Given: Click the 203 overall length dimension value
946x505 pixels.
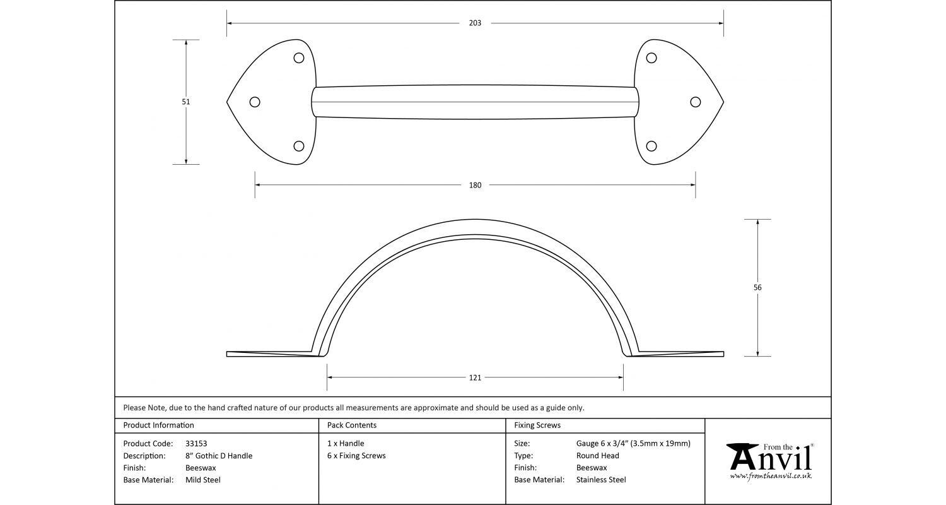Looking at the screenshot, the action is click(475, 23).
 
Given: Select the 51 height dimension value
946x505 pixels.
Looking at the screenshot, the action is click(186, 102).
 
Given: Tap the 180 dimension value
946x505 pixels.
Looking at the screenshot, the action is click(475, 186).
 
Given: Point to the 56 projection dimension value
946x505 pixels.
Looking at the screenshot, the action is click(757, 288).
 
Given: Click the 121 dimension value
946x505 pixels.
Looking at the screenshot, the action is click(475, 378).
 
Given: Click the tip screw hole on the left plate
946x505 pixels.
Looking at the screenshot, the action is click(255, 102).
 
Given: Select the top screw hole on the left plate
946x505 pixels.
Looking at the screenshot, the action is click(299, 58).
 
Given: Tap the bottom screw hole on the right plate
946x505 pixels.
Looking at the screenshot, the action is click(651, 146).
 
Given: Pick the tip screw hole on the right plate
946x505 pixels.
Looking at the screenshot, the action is click(696, 102).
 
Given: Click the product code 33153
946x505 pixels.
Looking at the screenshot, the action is click(196, 444).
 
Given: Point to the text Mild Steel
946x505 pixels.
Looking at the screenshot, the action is click(203, 480).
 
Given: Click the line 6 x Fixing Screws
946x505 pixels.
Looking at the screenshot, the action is click(356, 456).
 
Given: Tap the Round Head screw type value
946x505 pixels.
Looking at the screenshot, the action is click(597, 456).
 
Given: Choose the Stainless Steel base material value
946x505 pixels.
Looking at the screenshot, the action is click(601, 480).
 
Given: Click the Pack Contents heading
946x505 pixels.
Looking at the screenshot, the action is click(352, 425).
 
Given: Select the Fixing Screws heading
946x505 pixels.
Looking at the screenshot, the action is click(537, 425).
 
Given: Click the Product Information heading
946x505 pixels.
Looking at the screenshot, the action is click(158, 425).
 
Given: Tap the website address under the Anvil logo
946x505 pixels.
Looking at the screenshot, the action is click(771, 476).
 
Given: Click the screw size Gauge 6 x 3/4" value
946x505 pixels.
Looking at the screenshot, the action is click(633, 444).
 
